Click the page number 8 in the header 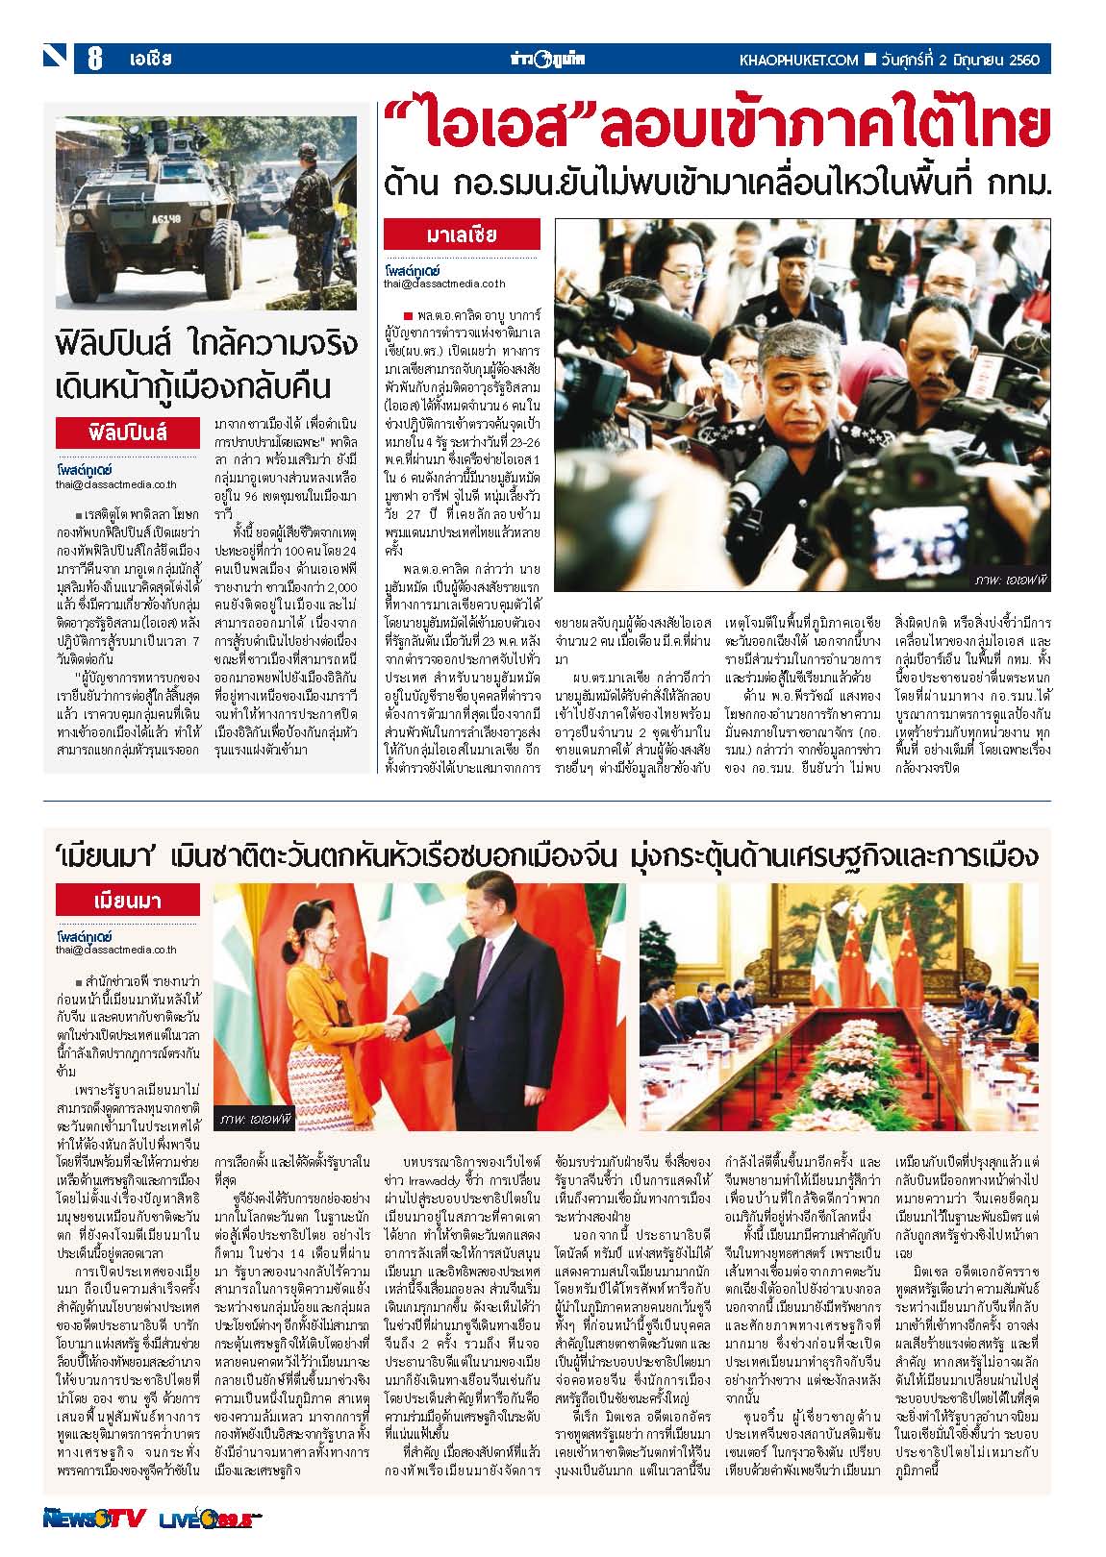pos(95,60)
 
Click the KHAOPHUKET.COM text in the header pos(798,60)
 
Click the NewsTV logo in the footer pos(93,1518)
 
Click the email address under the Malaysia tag pos(443,284)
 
